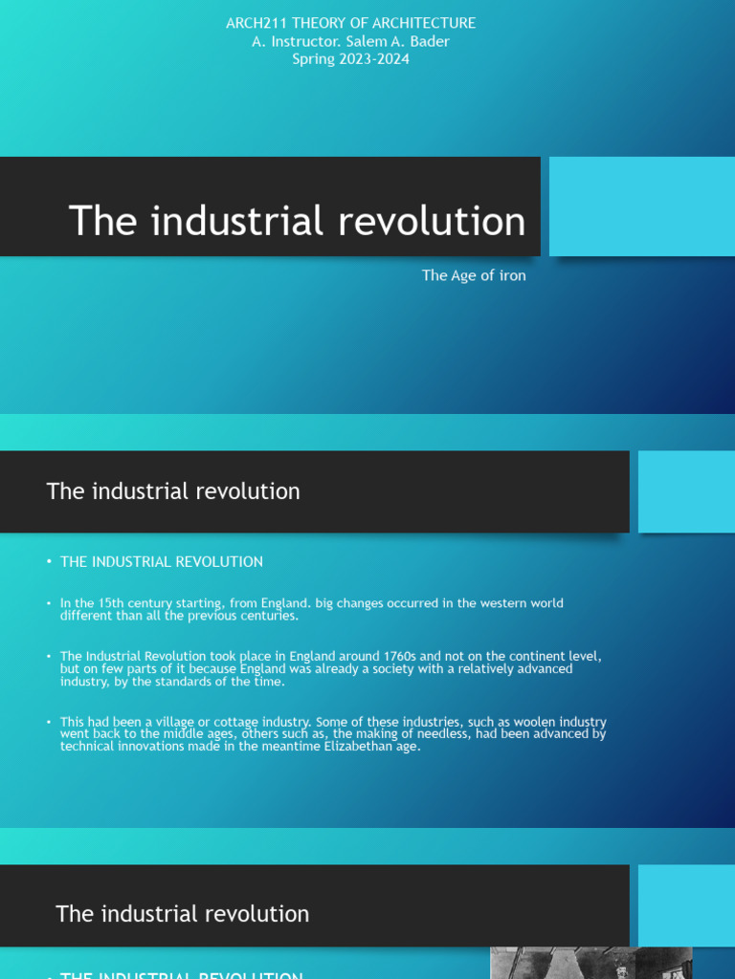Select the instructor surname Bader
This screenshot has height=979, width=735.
click(x=430, y=41)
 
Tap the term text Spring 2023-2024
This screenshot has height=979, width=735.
click(x=350, y=59)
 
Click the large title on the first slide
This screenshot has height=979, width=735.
click(x=297, y=221)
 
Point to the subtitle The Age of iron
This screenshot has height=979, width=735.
click(x=474, y=275)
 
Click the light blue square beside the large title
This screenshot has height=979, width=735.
click(x=641, y=207)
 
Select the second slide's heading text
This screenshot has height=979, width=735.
click(x=173, y=491)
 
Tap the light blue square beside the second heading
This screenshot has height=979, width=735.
click(x=686, y=491)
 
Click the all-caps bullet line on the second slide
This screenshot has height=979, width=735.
click(x=162, y=562)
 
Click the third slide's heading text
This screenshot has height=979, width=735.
click(x=183, y=914)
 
